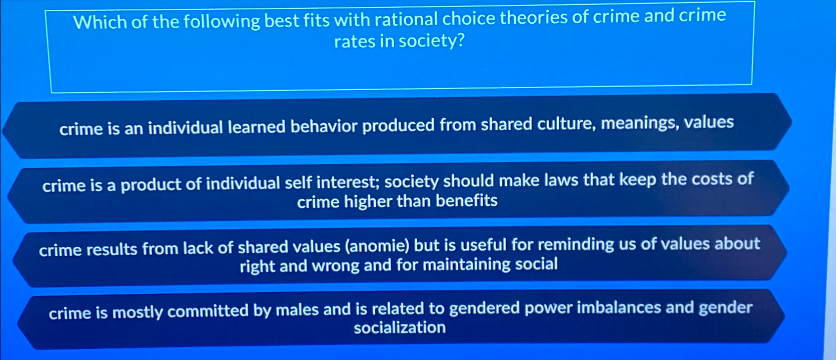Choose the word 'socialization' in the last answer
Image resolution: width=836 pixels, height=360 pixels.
click(x=399, y=327)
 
